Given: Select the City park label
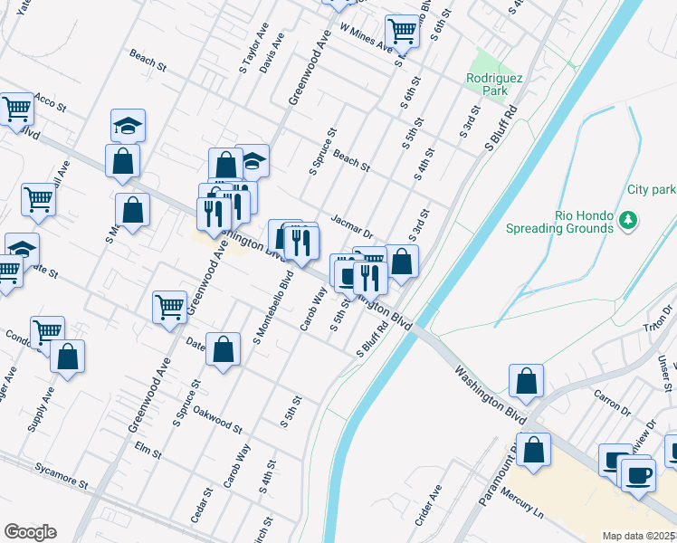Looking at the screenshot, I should [x=651, y=190].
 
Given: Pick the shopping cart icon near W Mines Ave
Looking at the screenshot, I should [x=402, y=33].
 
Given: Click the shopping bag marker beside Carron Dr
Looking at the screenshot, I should [x=526, y=381].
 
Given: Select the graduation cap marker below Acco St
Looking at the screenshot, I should [x=129, y=126].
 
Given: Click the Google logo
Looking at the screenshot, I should [x=30, y=532].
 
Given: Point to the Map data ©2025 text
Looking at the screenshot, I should [x=639, y=536].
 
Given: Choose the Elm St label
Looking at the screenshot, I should [x=148, y=450].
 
